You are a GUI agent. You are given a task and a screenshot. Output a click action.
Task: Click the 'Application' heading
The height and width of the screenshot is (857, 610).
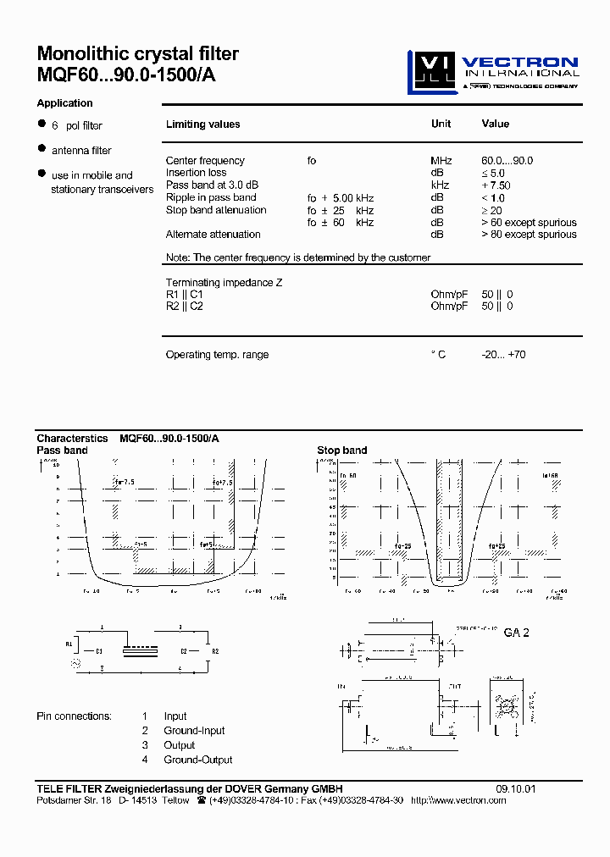[x=64, y=103]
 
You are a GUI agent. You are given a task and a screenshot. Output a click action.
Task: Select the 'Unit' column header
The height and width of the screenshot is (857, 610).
[x=441, y=124]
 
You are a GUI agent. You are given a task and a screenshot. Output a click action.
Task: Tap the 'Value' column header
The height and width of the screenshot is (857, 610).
[x=495, y=124]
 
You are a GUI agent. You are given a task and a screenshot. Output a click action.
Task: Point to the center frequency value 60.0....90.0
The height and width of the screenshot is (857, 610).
[x=507, y=161]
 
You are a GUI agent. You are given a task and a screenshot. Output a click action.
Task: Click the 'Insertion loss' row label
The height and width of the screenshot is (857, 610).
[x=196, y=173]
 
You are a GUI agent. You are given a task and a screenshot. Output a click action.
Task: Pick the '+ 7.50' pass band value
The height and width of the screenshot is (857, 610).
[x=496, y=185]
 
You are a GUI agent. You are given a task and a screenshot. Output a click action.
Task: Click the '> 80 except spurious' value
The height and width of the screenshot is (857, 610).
[x=529, y=235]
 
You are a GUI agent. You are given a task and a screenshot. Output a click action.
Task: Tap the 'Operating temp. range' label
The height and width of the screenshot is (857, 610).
[x=217, y=355]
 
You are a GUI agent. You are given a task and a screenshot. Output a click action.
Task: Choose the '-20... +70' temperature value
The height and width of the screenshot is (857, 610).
[x=503, y=355]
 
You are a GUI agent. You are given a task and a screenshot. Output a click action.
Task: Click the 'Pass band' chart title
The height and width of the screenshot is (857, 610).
[x=62, y=451]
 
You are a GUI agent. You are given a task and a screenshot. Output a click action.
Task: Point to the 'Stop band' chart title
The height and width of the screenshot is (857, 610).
[x=341, y=451]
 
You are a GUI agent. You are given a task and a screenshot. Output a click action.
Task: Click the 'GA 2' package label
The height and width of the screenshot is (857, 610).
[x=516, y=633]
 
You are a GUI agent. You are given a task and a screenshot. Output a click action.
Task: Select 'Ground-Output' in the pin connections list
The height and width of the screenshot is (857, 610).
[x=197, y=760]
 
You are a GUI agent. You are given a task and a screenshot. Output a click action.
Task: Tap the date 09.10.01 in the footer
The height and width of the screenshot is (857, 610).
[x=516, y=788]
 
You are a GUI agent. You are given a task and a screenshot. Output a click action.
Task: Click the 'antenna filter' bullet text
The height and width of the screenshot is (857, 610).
[x=81, y=151]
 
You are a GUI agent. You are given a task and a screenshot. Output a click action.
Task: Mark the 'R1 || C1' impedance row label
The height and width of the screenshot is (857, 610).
[x=184, y=295]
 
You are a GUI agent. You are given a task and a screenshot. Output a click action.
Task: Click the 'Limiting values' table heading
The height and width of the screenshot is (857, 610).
[x=202, y=124]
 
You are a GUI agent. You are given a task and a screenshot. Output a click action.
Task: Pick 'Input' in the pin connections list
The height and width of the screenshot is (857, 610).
[x=175, y=716]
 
